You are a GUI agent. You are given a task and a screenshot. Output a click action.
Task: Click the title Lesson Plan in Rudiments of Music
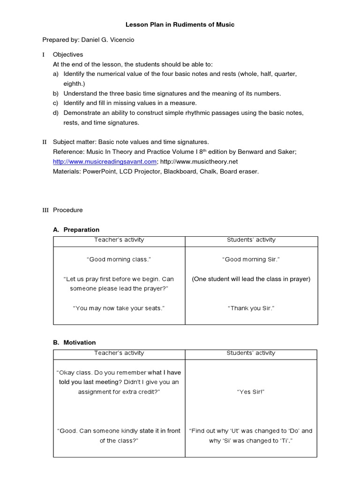coord(180,24)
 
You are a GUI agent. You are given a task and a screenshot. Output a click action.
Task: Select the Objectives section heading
coord(67,55)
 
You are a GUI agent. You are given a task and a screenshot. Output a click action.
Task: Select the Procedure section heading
coord(67,210)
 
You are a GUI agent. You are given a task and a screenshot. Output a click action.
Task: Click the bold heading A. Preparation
coord(76,230)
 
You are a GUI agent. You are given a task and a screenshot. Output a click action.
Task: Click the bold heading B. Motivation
coord(74,343)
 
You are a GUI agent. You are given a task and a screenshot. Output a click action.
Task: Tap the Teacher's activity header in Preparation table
coord(119,240)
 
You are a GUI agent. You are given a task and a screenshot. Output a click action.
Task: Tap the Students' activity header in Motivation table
coord(251,353)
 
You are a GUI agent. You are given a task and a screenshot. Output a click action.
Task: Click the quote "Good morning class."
coord(119,259)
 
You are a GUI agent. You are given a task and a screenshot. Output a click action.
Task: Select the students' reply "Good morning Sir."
coord(251,259)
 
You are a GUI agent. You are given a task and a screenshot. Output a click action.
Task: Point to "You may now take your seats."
coord(119,308)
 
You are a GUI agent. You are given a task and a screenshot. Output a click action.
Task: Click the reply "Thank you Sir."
coord(251,308)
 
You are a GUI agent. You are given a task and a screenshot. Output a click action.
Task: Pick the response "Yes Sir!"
coord(251,392)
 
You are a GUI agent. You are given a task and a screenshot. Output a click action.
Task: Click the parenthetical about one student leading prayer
coord(251,279)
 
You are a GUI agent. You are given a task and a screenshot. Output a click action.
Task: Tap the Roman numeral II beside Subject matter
coord(45,142)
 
